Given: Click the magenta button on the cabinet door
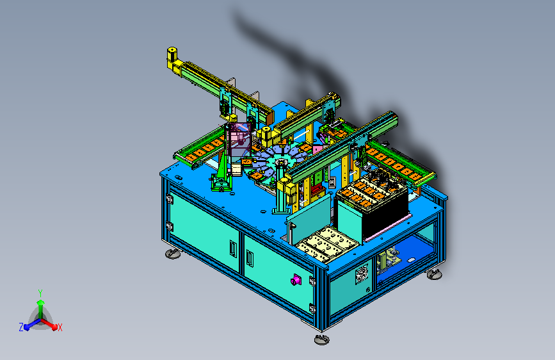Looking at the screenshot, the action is pyautogui.click(x=296, y=281).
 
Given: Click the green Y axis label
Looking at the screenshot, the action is pyautogui.click(x=40, y=293).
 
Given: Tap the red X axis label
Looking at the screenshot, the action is pyautogui.click(x=60, y=328).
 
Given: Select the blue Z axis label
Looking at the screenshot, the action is pyautogui.click(x=21, y=327).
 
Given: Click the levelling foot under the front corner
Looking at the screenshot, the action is pyautogui.click(x=322, y=339).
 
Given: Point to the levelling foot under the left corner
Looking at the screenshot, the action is pyautogui.click(x=173, y=254).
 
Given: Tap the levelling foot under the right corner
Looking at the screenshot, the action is pyautogui.click(x=434, y=274).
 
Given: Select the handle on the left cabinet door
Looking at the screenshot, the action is pyautogui.click(x=232, y=248).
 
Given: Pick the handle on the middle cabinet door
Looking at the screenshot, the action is pyautogui.click(x=250, y=259).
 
